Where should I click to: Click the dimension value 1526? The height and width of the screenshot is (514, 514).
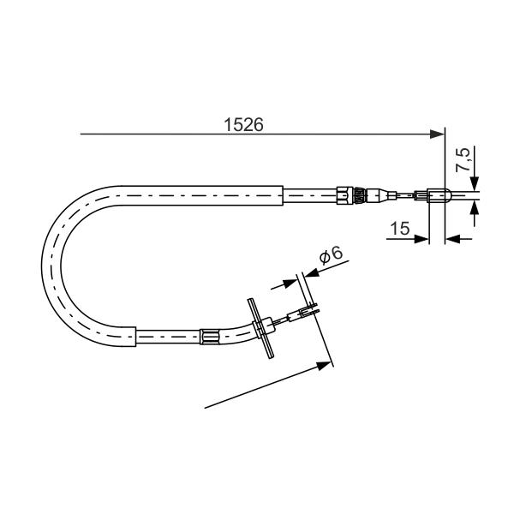pyautogui.click(x=243, y=124)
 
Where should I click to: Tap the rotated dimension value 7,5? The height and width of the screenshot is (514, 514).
pyautogui.click(x=463, y=159)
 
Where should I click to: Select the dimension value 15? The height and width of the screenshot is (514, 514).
pyautogui.click(x=400, y=228)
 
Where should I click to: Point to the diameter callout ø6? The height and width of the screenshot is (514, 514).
pyautogui.click(x=331, y=255)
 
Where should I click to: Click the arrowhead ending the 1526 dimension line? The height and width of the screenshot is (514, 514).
pyautogui.click(x=437, y=134)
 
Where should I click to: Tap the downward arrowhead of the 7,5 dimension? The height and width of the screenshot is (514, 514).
pyautogui.click(x=474, y=183)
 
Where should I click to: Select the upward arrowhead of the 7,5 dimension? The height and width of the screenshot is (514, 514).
pyautogui.click(x=474, y=208)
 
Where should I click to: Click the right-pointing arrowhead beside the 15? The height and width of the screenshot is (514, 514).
pyautogui.click(x=421, y=239)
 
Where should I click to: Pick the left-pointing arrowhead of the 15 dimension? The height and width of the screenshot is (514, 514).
pyautogui.click(x=452, y=239)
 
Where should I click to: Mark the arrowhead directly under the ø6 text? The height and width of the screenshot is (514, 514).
pyautogui.click(x=313, y=272)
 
